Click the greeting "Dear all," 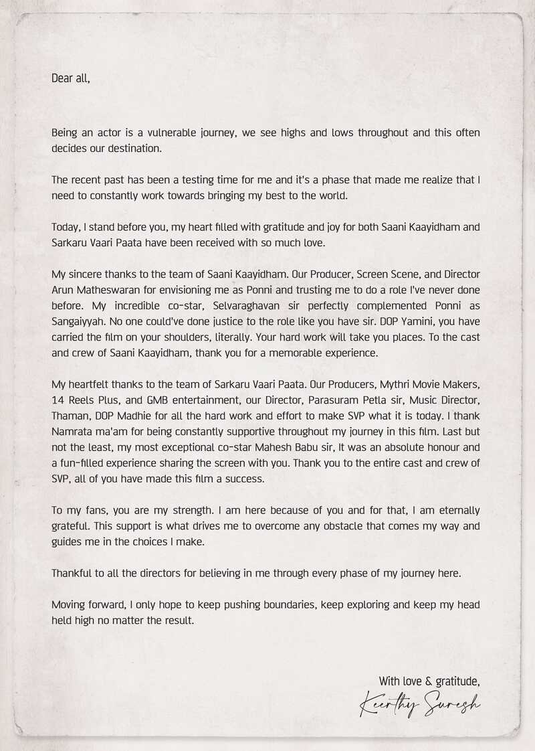[x=70, y=78]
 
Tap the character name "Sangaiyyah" [x=78, y=321]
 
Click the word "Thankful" [x=74, y=574]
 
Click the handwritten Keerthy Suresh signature [x=420, y=705]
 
